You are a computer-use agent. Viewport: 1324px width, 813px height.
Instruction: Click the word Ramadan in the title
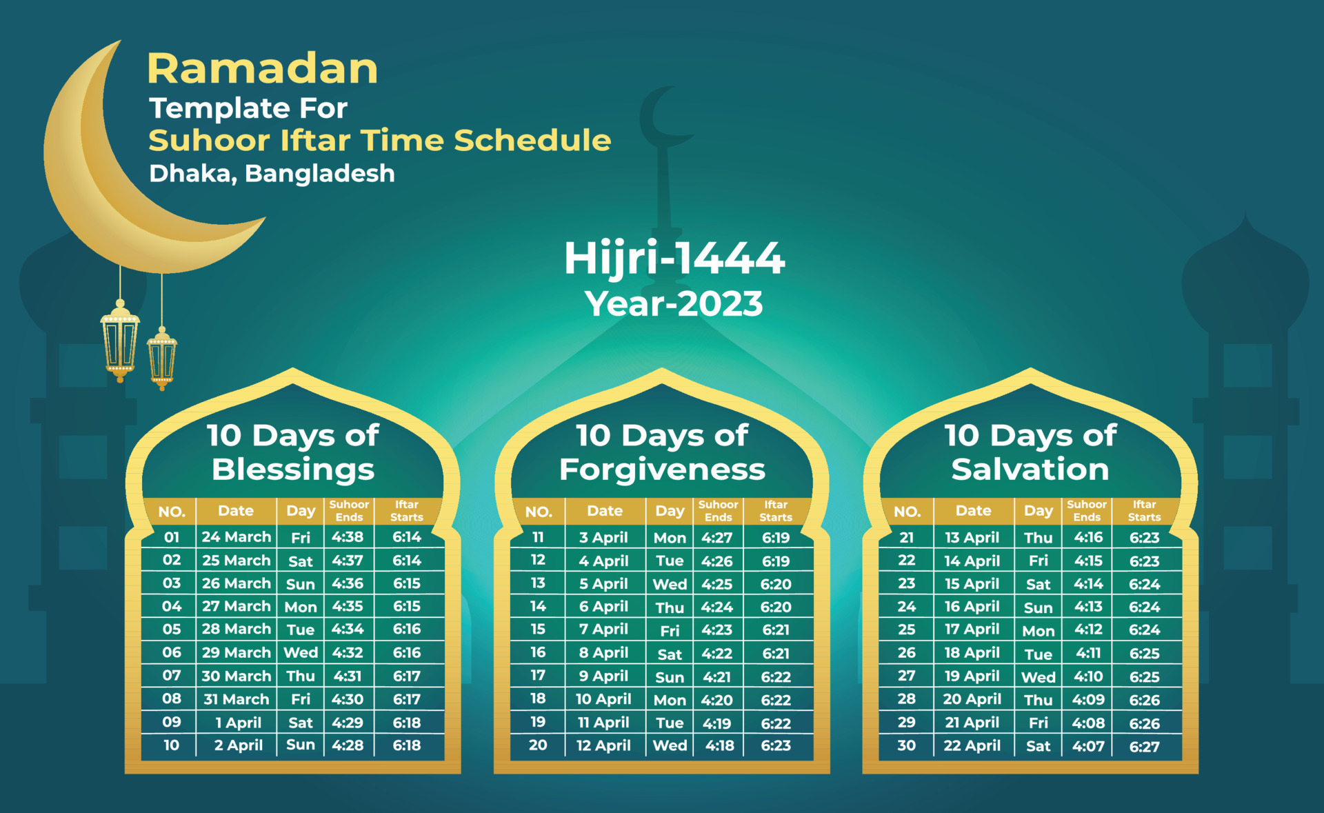[x=262, y=69]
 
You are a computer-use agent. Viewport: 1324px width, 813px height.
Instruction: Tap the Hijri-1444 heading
[x=674, y=259]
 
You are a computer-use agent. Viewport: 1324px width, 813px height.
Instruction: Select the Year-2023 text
[x=674, y=303]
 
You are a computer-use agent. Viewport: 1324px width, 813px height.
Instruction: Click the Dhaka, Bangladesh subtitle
[x=272, y=173]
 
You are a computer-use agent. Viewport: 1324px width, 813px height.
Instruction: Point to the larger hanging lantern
[x=120, y=341]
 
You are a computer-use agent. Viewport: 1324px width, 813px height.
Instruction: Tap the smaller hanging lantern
[x=162, y=359]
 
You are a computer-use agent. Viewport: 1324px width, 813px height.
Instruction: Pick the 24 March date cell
[x=236, y=536]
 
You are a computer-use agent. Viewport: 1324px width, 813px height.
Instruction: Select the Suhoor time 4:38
[x=348, y=536]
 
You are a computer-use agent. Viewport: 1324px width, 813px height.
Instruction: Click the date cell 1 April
[x=238, y=723]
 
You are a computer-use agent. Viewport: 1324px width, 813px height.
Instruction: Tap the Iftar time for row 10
[x=407, y=745]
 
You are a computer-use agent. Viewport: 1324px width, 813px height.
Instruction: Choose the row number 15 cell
[x=538, y=629]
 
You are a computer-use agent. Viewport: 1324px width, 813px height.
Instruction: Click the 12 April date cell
[x=603, y=745]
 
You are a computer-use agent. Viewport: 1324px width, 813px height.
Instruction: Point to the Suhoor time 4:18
[x=720, y=745]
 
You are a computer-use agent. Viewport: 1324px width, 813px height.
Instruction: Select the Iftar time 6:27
[x=1144, y=746]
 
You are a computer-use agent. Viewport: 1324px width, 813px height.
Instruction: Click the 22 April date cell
[x=972, y=745]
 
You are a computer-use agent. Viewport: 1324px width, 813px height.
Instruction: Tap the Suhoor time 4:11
[x=1089, y=653]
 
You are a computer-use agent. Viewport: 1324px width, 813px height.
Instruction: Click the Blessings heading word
[x=293, y=470]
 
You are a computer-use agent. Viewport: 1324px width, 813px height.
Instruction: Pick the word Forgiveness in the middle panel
[x=662, y=470]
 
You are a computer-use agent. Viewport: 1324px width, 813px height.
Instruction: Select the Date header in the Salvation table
[x=973, y=511]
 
